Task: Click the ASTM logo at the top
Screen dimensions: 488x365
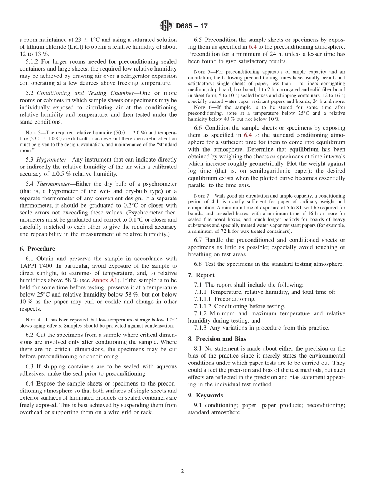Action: [166, 26]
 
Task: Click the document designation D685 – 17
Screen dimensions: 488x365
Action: [192, 26]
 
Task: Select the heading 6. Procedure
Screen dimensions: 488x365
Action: [37, 249]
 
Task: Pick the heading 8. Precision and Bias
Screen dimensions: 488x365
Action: [217, 339]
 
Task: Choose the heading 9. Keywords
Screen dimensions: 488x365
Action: [205, 395]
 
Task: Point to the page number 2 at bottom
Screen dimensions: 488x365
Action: [182, 471]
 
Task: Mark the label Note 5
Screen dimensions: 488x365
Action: [201, 72]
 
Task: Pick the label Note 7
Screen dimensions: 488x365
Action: [201, 196]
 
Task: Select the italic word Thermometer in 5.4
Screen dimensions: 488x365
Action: [55, 184]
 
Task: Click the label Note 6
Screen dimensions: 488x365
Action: [201, 107]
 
